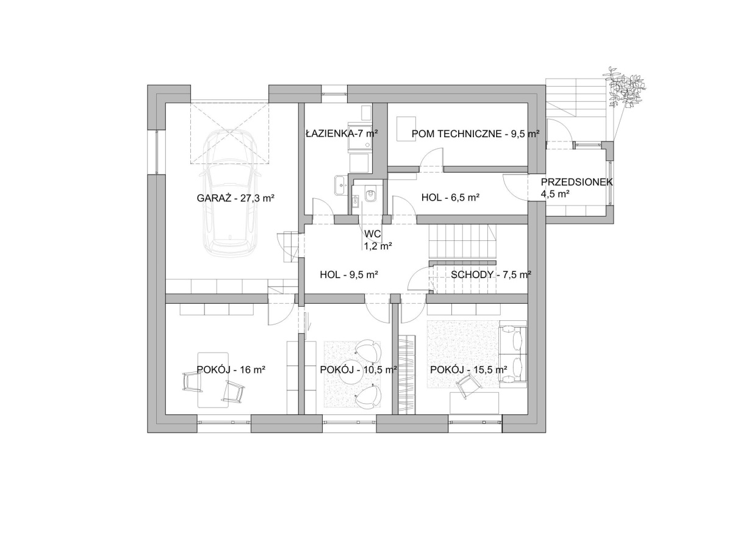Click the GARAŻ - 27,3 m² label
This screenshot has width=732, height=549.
point(235,198)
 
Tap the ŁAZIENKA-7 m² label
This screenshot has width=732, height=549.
point(342,134)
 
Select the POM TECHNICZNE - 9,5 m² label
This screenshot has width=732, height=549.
point(476,134)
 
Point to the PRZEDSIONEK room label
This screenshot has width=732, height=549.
point(576,182)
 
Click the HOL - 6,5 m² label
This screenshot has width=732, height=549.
point(450,198)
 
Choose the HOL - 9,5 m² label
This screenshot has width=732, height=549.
point(349,274)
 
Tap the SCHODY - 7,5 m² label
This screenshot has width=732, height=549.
point(491,274)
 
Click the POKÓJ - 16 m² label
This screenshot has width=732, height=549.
point(231,370)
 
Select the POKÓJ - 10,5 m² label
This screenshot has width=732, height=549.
point(358,370)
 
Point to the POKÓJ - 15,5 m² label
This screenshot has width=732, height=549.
point(468,370)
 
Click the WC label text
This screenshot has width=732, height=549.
point(372,234)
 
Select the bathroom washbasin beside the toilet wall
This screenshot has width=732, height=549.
point(340,185)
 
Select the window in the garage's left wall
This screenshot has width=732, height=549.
point(157,152)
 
